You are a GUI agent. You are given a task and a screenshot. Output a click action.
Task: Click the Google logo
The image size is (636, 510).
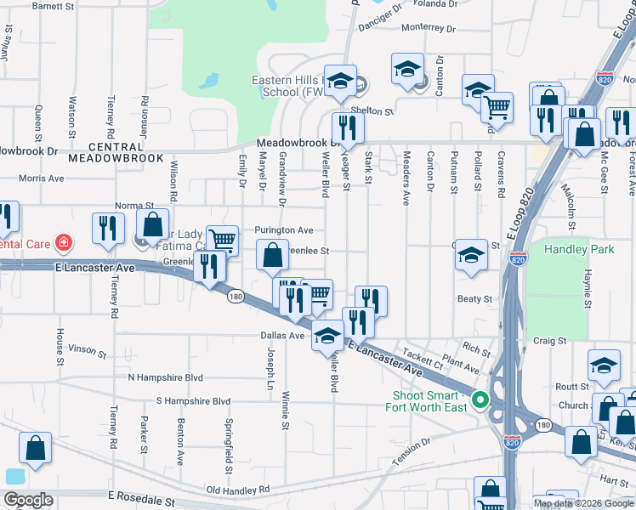pyautogui.click(x=29, y=499)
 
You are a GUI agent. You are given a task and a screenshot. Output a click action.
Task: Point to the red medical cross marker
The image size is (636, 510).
pyautogui.click(x=62, y=243)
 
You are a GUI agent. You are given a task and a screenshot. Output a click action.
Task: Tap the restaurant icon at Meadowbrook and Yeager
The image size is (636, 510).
pyautogui.click(x=348, y=127)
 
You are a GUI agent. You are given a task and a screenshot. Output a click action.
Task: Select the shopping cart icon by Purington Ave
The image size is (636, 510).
pyautogui.click(x=222, y=241)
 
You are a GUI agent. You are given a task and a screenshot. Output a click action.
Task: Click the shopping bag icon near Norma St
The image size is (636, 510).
pyautogui.click(x=153, y=225)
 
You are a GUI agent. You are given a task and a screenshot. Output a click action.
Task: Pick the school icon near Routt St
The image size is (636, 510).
pyautogui.click(x=604, y=365)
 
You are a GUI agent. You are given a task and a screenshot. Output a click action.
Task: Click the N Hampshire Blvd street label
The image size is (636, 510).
pyautogui.click(x=165, y=377)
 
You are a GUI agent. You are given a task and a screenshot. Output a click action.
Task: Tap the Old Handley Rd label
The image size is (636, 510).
pyautogui.click(x=237, y=490)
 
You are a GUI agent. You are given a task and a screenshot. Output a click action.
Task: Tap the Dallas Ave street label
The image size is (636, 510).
pyautogui.click(x=281, y=336)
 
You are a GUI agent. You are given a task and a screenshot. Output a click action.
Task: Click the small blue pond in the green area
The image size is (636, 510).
pyautogui.click(x=207, y=82)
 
